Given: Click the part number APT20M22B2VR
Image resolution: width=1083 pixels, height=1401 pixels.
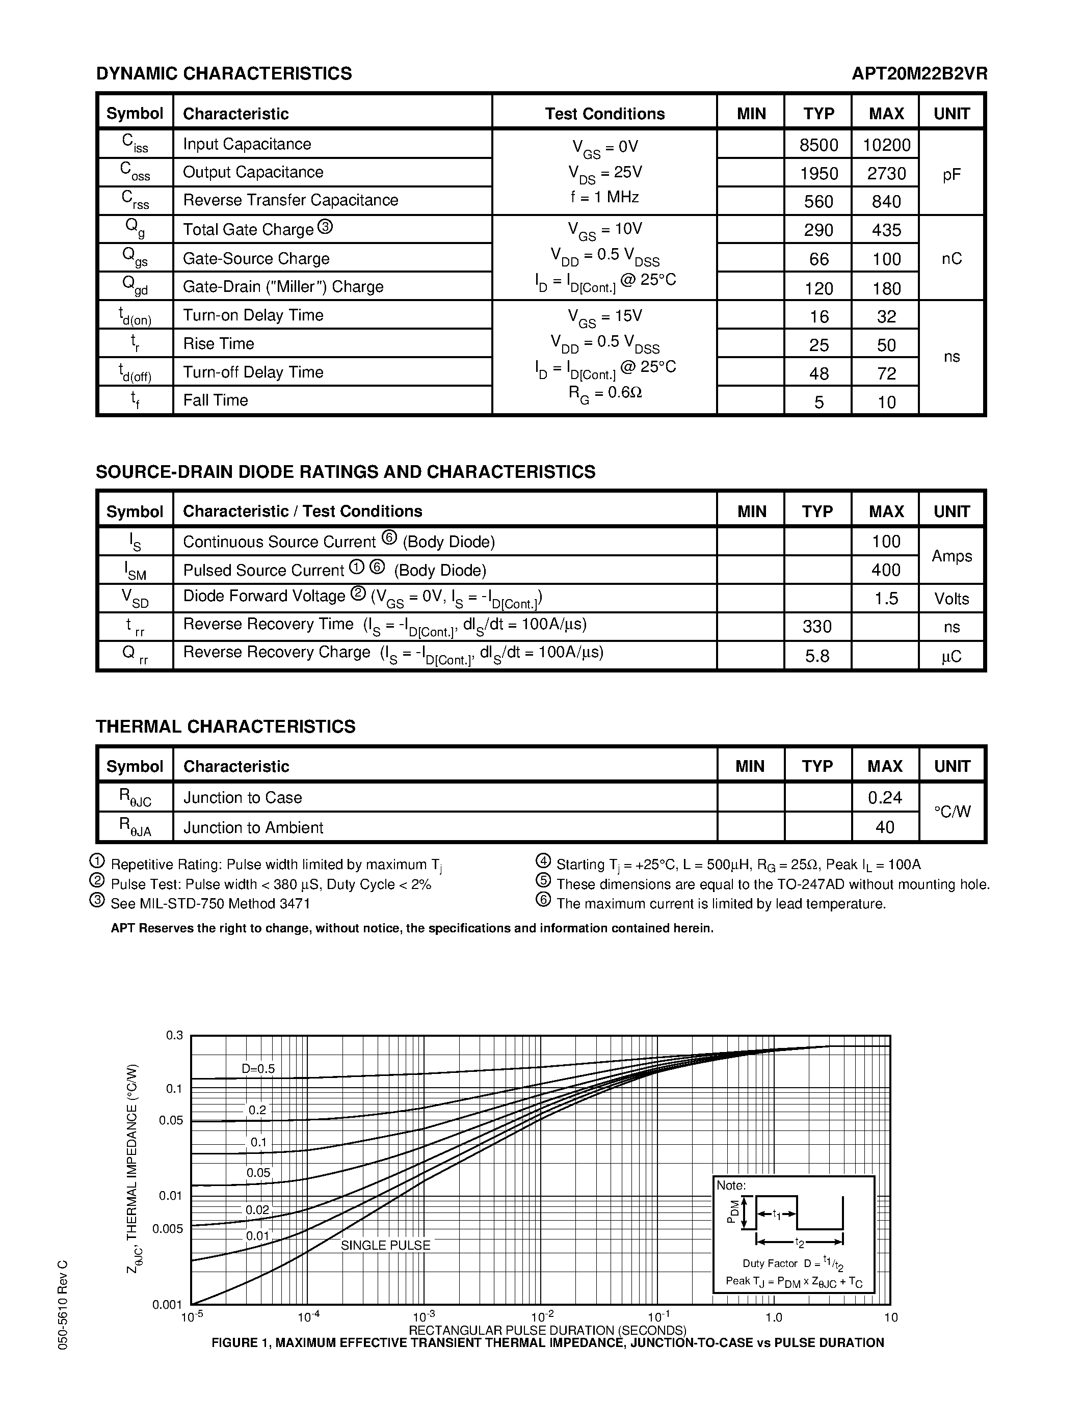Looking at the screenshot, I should pyautogui.click(x=919, y=74).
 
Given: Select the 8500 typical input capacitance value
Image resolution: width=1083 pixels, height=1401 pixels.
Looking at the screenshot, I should pyautogui.click(x=818, y=145).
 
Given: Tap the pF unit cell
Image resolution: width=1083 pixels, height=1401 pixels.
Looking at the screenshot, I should pyautogui.click(x=951, y=174).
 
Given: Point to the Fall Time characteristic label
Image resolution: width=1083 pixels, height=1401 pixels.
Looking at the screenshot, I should pyautogui.click(x=216, y=400).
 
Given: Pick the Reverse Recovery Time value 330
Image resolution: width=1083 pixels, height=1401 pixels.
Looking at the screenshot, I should pyautogui.click(x=817, y=626).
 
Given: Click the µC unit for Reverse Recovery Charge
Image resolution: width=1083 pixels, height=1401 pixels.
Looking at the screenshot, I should pyautogui.click(x=951, y=656).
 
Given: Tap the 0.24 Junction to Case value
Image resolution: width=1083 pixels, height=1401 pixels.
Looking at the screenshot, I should pyautogui.click(x=885, y=797).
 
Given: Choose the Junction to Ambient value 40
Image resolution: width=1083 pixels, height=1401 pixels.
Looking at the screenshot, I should pyautogui.click(x=885, y=827).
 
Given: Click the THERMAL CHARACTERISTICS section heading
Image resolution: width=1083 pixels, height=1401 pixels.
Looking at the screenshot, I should pyautogui.click(x=225, y=726).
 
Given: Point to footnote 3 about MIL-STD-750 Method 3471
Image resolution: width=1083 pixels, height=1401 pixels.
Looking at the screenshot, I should pyautogui.click(x=210, y=904).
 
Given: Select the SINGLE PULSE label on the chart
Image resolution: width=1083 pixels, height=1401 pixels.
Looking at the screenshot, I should pyautogui.click(x=385, y=1245).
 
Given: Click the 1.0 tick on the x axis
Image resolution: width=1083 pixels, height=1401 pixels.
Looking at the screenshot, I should pyautogui.click(x=774, y=1317).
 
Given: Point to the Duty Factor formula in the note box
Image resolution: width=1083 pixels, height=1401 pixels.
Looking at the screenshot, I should pyautogui.click(x=793, y=1263).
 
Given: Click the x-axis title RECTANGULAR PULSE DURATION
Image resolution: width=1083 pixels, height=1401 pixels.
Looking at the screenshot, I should pyautogui.click(x=547, y=1330).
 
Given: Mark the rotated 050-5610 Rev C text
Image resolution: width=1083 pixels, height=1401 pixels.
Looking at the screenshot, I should pyautogui.click(x=62, y=1305).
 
